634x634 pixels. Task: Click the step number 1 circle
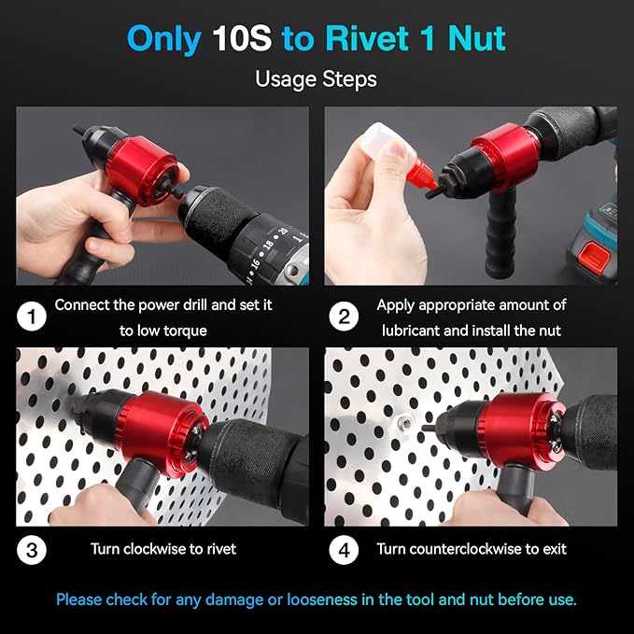pos(32,317)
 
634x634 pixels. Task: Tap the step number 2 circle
pos(344,317)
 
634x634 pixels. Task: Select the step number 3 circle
pos(32,549)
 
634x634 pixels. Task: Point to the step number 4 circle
pos(344,549)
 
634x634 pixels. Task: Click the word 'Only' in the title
pos(163,38)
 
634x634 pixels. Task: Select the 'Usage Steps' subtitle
pos(316,78)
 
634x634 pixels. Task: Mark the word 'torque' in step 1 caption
pos(184,331)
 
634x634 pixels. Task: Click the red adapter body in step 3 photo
pos(163,425)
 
